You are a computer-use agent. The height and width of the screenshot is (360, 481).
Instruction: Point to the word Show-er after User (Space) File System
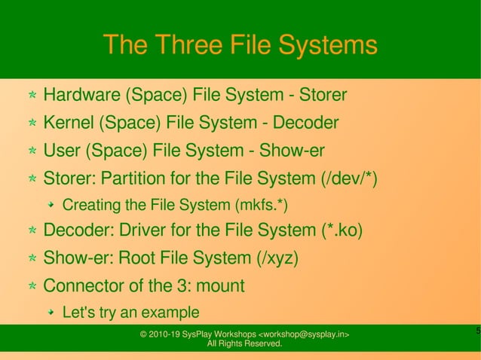292,151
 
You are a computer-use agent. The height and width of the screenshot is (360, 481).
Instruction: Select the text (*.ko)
334,230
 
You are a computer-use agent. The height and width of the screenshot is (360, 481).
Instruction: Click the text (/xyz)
276,258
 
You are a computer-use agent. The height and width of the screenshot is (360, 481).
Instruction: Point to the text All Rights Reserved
245,344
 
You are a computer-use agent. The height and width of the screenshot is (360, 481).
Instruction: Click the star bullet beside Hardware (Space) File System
32,96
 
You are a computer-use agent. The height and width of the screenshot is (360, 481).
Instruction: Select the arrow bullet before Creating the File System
51,205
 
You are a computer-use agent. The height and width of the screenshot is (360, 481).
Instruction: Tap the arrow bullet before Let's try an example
51,312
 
